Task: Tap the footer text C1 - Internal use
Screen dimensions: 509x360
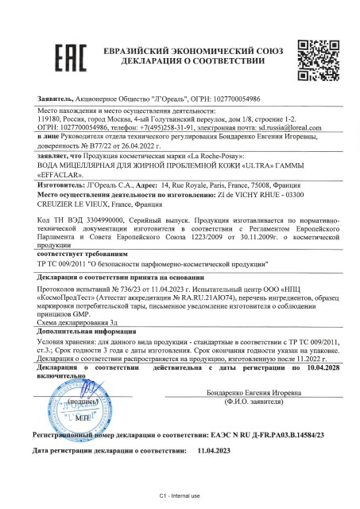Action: click(x=180, y=494)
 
